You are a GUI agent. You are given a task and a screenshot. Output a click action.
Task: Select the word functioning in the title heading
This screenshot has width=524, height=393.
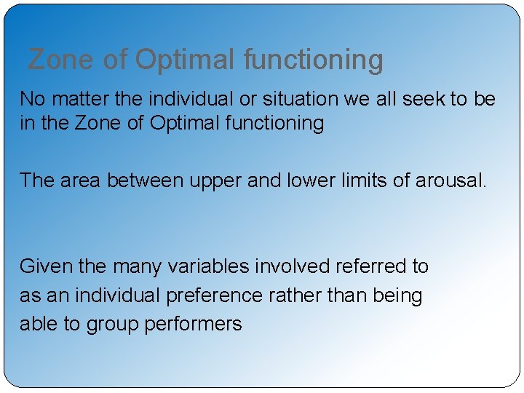pyautogui.click(x=313, y=60)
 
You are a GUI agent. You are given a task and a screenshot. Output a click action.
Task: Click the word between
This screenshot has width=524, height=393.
pyautogui.click(x=146, y=180)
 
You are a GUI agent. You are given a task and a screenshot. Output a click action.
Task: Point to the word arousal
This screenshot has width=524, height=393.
pyautogui.click(x=450, y=180)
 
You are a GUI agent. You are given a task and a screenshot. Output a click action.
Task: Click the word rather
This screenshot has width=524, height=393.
pyautogui.click(x=293, y=295)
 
